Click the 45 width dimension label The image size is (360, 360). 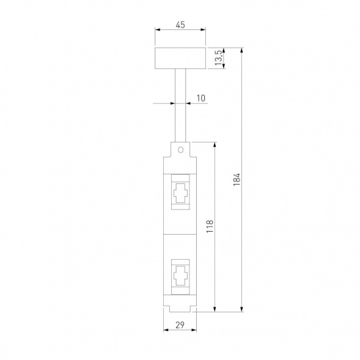[180, 25]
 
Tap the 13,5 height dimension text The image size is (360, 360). [218, 59]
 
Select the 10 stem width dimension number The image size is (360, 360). [201, 98]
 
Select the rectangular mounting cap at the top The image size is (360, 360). [180, 59]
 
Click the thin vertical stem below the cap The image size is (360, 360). [180, 104]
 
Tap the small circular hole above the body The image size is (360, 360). [180, 149]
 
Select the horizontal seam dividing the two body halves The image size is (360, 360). [180, 233]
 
